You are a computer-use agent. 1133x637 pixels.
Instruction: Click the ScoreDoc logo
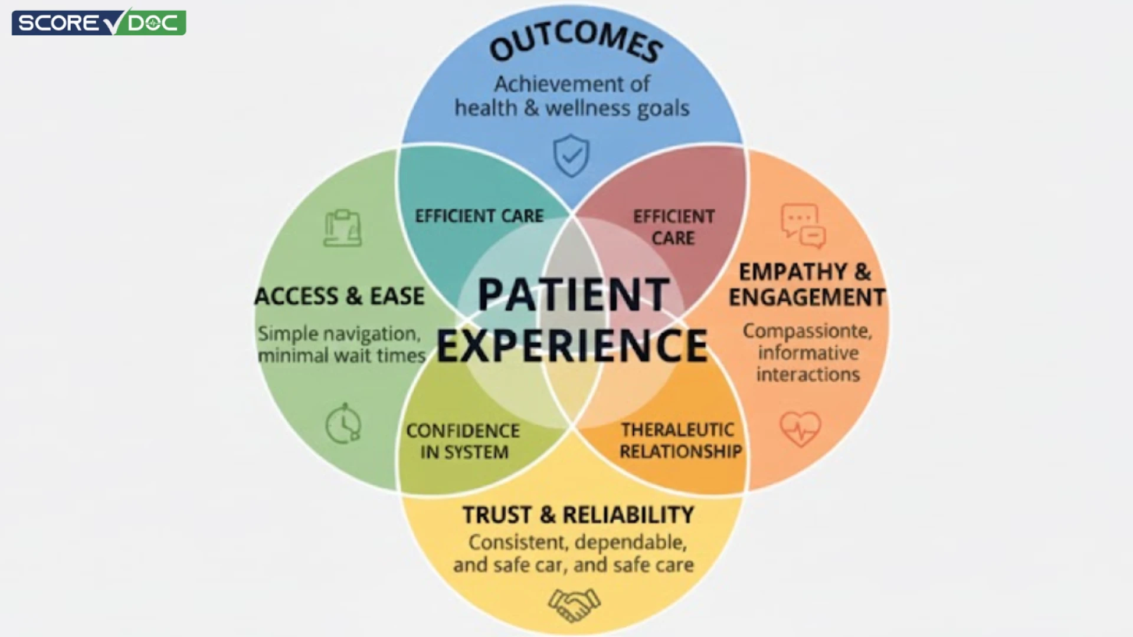click(99, 22)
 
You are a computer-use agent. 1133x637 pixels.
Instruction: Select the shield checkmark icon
click(571, 156)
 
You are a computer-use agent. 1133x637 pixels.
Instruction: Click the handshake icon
click(574, 605)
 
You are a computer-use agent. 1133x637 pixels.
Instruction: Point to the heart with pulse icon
click(800, 428)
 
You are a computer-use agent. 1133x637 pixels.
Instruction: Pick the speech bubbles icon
click(803, 226)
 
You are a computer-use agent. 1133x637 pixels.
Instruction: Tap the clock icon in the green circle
click(343, 423)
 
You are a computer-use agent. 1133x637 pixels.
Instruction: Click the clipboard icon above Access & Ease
click(343, 228)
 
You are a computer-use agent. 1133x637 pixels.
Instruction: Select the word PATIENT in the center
click(574, 294)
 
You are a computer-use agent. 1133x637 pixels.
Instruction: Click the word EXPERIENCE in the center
click(572, 346)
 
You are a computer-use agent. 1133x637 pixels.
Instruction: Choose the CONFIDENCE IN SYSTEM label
click(463, 441)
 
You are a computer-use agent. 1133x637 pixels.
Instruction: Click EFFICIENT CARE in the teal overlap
click(479, 216)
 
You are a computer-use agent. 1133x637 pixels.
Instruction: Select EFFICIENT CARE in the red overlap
click(673, 227)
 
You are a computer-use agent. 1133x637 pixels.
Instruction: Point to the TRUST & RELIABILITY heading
click(578, 515)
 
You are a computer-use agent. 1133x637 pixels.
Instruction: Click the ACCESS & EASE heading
click(339, 296)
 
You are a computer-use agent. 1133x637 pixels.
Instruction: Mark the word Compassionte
click(807, 331)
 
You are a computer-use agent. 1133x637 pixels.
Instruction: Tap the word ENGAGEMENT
click(807, 297)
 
